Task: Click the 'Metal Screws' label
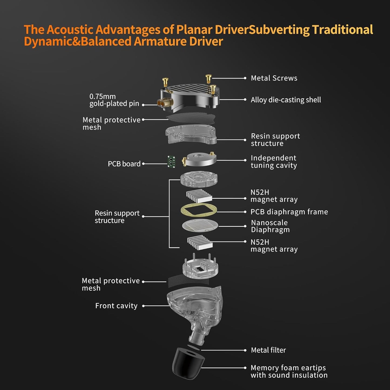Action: [274, 78]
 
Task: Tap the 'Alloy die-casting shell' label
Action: [286, 100]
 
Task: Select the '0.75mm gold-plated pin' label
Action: [114, 100]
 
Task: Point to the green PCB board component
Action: [171, 161]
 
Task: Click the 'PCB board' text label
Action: [124, 164]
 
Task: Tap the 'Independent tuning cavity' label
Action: [274, 162]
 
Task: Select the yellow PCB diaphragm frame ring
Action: [199, 210]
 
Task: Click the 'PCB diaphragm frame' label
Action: [289, 212]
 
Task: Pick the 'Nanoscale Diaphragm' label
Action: [270, 226]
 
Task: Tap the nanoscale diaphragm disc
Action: [200, 226]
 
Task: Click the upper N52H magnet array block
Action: [199, 196]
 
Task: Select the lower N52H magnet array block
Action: [200, 242]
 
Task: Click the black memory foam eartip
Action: [188, 363]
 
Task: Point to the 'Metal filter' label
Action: [268, 350]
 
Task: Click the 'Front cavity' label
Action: [116, 306]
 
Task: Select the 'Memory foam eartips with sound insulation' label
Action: [289, 371]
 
